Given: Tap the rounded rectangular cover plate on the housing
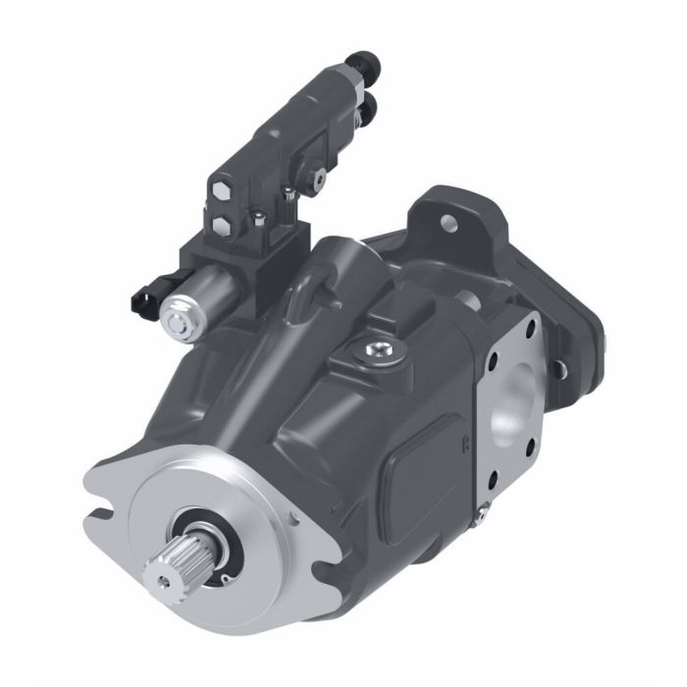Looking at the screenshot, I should point(424,470).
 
